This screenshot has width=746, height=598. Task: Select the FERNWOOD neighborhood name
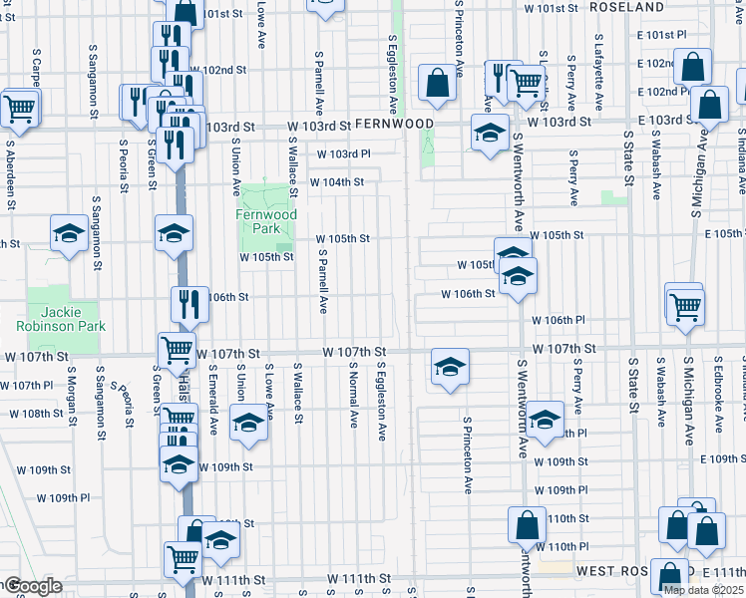[x=395, y=125]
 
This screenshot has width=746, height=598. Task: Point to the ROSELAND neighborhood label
[x=627, y=7]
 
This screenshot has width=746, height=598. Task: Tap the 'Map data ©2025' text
[x=703, y=590]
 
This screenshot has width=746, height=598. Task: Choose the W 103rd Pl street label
[x=343, y=154]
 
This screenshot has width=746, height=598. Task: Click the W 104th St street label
[x=336, y=183]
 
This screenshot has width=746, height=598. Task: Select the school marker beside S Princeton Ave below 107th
[x=450, y=366]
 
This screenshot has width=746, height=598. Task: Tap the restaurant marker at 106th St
[x=189, y=303]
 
